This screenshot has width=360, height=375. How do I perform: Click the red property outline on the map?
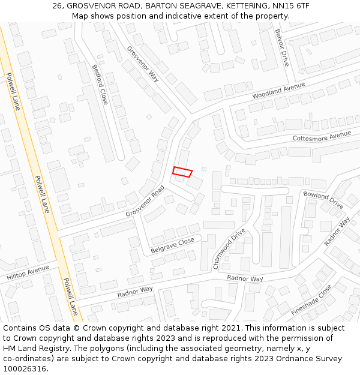click(182, 172)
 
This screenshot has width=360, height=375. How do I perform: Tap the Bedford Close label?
click(100, 85)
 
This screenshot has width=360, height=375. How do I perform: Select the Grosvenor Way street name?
click(143, 64)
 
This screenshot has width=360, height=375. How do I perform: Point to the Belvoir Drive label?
click(281, 47)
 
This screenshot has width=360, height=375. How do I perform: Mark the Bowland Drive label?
click(323, 200)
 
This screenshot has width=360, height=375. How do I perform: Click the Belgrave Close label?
click(172, 244)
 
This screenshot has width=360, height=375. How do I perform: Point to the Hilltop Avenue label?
click(28, 274)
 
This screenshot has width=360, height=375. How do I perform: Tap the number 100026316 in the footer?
click(25, 368)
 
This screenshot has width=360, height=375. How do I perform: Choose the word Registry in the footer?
click(56, 348)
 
